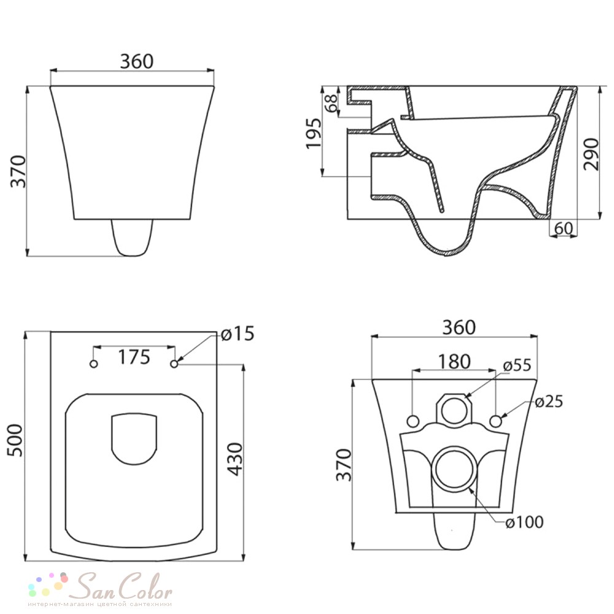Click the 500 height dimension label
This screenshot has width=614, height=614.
[x=16, y=440]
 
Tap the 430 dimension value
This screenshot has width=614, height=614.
[x=235, y=459]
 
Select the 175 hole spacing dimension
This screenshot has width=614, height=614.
[x=134, y=357]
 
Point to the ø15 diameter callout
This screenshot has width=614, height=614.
[x=237, y=333]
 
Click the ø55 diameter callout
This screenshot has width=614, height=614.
[x=517, y=365]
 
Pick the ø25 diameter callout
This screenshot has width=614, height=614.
[x=548, y=402]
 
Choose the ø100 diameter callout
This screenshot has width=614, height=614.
[x=524, y=522]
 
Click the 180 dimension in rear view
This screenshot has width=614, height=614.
[x=454, y=362]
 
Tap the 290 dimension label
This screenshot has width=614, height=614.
[x=591, y=154]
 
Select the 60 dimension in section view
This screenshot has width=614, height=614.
[x=564, y=228]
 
